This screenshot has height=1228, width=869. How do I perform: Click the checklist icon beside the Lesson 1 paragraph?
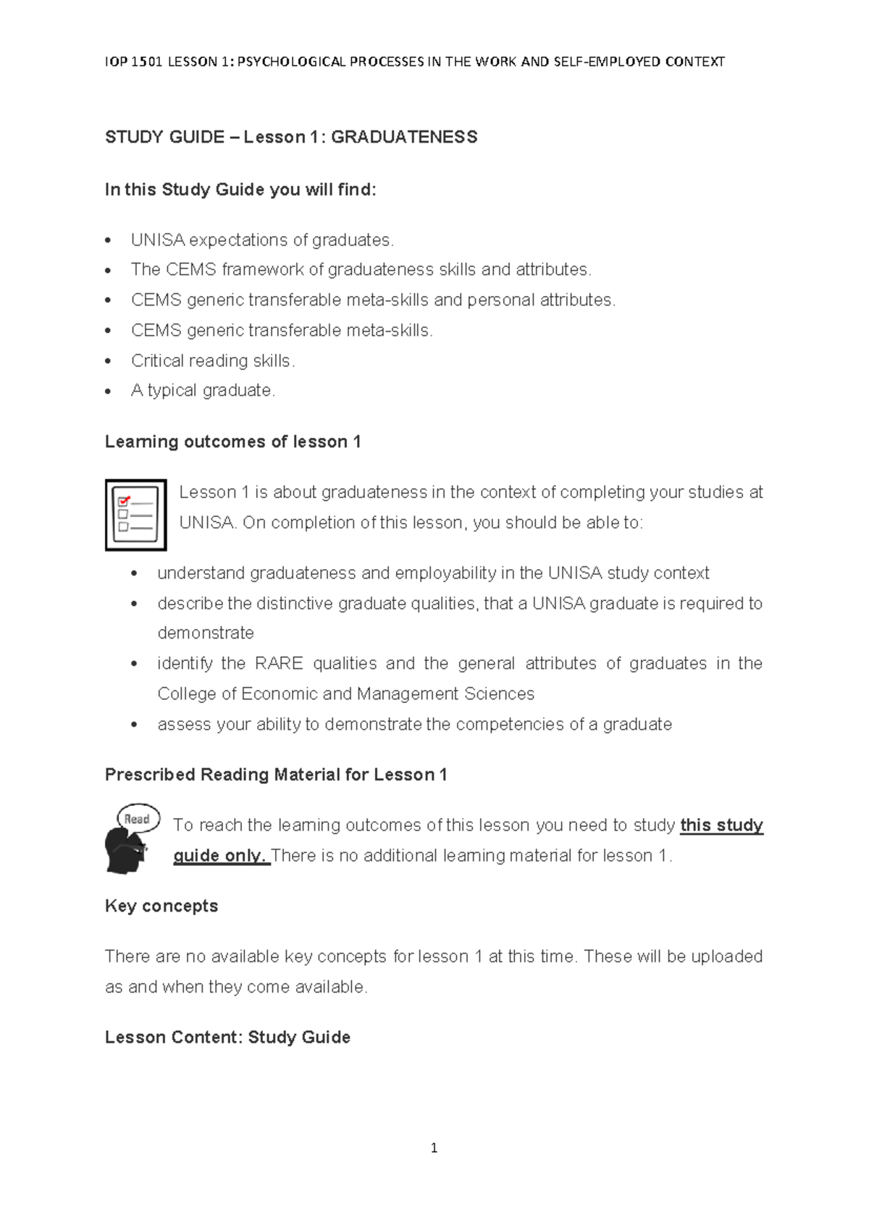[x=135, y=515]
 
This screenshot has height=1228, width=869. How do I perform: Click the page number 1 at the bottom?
[x=434, y=1148]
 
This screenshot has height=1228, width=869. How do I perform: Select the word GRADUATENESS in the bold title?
[x=404, y=138]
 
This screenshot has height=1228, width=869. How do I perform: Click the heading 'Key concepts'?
[x=161, y=906]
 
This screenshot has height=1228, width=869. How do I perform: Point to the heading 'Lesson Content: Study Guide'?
[x=227, y=1037]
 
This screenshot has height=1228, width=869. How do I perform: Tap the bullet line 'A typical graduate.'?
[x=203, y=390]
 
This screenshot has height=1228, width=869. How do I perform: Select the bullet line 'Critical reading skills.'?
[x=213, y=361]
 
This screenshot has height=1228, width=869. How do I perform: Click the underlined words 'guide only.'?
[x=221, y=855]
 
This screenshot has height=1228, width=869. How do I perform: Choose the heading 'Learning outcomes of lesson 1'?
[x=232, y=442]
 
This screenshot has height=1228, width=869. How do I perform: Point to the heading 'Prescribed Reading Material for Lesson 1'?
[x=276, y=775]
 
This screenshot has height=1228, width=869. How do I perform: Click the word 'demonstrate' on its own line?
[x=206, y=633]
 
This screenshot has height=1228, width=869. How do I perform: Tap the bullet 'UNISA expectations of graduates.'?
[x=262, y=240]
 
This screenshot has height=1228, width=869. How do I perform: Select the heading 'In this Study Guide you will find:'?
[x=240, y=190]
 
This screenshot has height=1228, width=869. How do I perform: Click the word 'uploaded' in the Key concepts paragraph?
[x=726, y=956]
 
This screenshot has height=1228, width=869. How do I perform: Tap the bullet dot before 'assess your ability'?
[x=134, y=724]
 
